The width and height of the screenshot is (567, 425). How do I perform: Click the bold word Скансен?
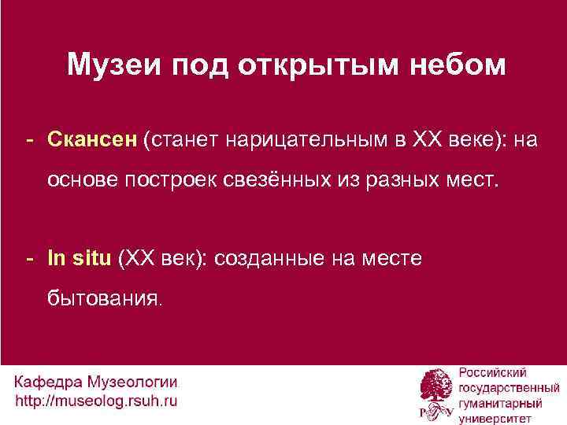92,140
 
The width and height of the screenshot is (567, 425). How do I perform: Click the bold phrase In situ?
79,257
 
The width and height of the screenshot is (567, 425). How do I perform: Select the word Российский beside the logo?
493,372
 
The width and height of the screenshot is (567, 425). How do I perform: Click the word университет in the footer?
494,416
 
